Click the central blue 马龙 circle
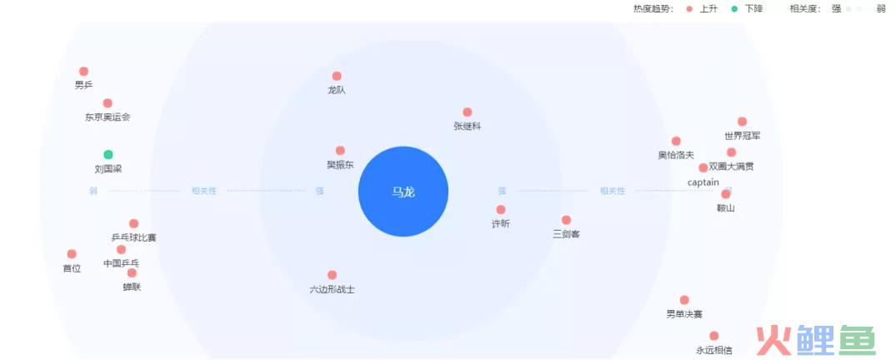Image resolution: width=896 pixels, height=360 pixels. (x=403, y=192)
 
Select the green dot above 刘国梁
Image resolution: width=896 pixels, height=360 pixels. (x=108, y=154)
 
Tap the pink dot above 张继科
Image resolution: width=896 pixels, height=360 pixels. (x=468, y=112)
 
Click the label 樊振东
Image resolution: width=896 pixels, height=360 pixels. (x=340, y=165)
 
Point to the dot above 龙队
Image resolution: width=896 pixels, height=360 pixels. (x=337, y=76)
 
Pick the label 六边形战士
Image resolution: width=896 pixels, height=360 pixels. (x=332, y=290)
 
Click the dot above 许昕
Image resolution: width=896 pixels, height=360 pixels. (x=501, y=210)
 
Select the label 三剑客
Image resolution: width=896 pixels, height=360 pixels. (x=566, y=234)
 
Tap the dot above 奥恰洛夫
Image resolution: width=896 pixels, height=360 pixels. (x=676, y=141)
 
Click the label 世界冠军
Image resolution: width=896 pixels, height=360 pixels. (x=743, y=136)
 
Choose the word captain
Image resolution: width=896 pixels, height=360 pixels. (x=703, y=182)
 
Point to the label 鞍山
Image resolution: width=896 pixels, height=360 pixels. (x=726, y=208)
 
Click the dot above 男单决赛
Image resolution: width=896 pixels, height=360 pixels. (x=684, y=300)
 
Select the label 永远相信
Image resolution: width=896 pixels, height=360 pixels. (x=713, y=350)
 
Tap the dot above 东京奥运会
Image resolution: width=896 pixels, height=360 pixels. (x=108, y=103)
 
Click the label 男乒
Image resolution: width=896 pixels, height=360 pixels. (x=83, y=85)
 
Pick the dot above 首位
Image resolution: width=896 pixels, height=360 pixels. (x=72, y=254)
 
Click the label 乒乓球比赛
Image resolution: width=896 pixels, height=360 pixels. (x=133, y=237)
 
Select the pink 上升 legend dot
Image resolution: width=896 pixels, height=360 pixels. (x=689, y=9)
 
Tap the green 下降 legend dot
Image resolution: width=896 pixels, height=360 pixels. (x=735, y=9)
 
